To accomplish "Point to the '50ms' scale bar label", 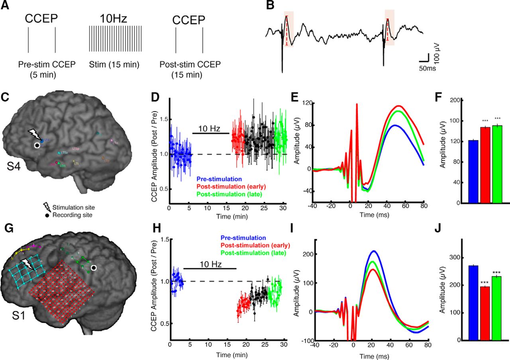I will pyautogui.click(x=427, y=68).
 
